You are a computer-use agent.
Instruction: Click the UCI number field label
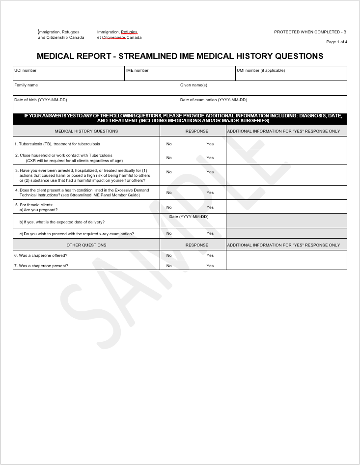pyautogui.click(x=26, y=70)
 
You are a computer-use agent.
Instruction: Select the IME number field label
pyautogui.click(x=138, y=70)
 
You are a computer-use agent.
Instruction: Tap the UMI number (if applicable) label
pyautogui.click(x=261, y=70)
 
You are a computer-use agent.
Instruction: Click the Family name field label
pyautogui.click(x=26, y=85)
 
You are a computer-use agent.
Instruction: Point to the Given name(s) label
pyautogui.click(x=194, y=85)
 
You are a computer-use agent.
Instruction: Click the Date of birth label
pyautogui.click(x=41, y=100)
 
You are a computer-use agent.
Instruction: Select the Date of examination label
pyautogui.click(x=214, y=100)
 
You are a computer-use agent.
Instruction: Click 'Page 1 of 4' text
pyautogui.click(x=336, y=42)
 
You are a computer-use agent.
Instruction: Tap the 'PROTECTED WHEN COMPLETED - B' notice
pyautogui.click(x=310, y=32)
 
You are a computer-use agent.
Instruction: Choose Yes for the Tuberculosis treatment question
pyautogui.click(x=210, y=144)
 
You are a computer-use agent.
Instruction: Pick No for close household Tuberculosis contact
pyautogui.click(x=169, y=158)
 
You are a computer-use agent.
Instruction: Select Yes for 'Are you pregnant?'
pyautogui.click(x=210, y=207)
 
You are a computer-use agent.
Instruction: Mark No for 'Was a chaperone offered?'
pyautogui.click(x=169, y=255)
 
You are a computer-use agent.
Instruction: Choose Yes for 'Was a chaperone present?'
pyautogui.click(x=210, y=266)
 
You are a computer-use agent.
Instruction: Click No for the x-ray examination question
pyautogui.click(x=169, y=233)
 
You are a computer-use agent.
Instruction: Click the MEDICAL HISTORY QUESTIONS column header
pyautogui.click(x=86, y=131)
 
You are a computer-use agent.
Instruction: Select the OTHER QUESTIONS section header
pyautogui.click(x=86, y=245)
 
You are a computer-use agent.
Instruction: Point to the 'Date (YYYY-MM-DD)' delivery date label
pyautogui.click(x=189, y=217)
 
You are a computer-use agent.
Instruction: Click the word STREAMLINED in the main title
pyautogui.click(x=149, y=56)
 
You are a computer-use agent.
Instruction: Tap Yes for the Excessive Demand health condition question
pyautogui.click(x=210, y=192)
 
